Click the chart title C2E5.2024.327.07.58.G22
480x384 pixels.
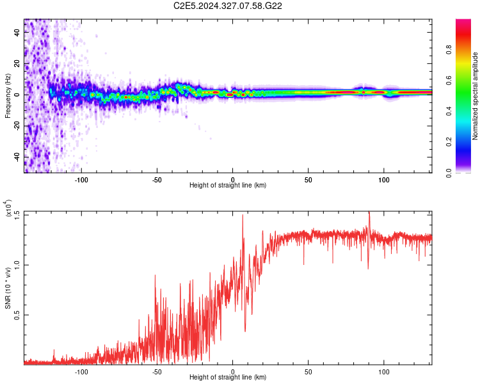click(x=228, y=6)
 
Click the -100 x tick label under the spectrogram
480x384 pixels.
click(x=81, y=179)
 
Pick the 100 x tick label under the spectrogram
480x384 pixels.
click(x=384, y=179)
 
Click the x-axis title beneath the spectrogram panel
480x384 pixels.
click(x=228, y=186)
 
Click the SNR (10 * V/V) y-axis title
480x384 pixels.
click(x=8, y=288)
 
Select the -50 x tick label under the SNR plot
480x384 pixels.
click(x=157, y=371)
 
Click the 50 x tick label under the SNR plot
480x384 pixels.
click(x=308, y=371)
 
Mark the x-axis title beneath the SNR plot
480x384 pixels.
click(x=228, y=378)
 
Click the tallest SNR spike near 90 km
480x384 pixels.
click(x=369, y=212)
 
